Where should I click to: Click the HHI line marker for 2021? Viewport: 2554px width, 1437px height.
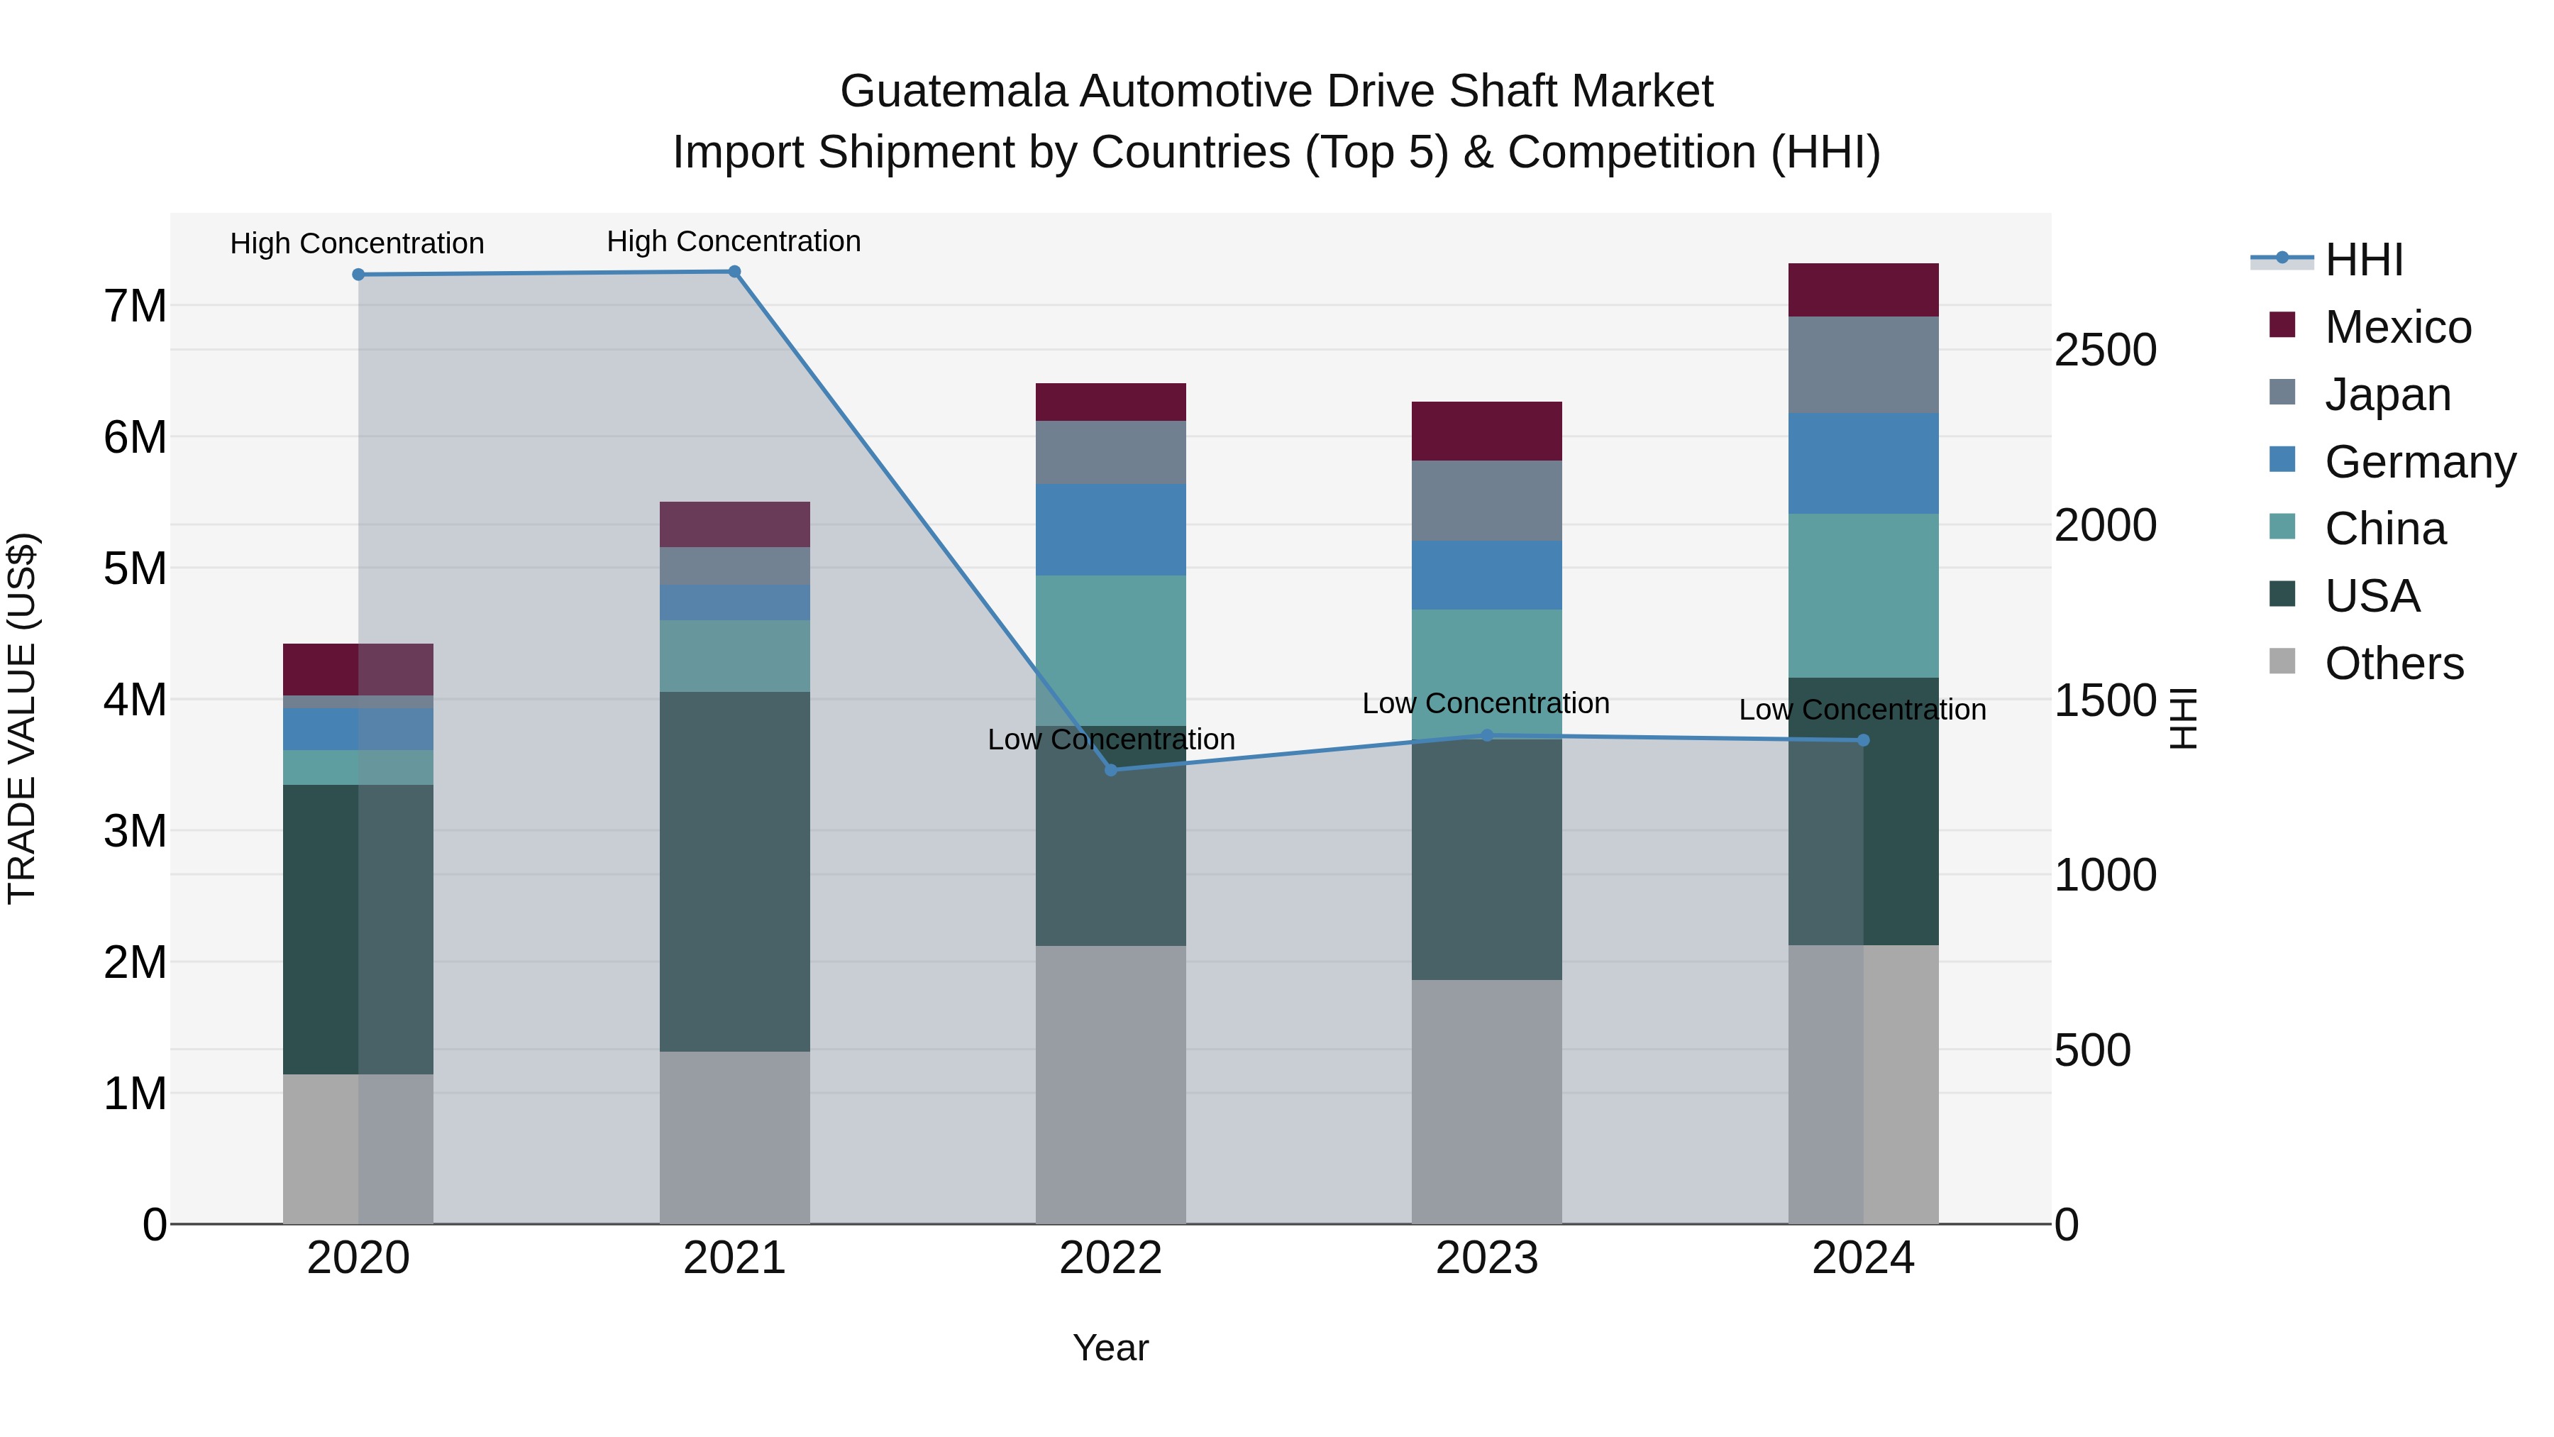click(x=735, y=272)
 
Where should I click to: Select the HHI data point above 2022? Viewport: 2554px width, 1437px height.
click(x=1110, y=769)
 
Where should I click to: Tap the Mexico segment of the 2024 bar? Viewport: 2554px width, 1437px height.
click(x=1863, y=290)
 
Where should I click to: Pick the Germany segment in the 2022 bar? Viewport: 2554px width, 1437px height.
click(x=1110, y=529)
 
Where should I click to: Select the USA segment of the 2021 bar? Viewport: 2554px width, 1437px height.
click(x=735, y=871)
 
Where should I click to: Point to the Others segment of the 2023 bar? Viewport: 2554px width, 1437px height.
click(x=1486, y=1101)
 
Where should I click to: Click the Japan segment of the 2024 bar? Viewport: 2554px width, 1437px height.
click(x=1863, y=364)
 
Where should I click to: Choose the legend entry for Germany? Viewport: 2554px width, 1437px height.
click(x=2419, y=462)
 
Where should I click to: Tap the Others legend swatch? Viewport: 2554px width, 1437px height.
click(x=2282, y=661)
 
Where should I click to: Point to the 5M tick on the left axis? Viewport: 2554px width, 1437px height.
click(x=135, y=568)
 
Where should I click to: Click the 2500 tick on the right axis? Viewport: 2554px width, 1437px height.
click(x=2104, y=350)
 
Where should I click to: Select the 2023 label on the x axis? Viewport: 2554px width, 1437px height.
click(x=1486, y=1258)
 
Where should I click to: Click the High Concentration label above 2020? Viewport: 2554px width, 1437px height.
click(x=357, y=243)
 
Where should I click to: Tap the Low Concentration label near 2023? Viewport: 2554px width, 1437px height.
click(x=1485, y=703)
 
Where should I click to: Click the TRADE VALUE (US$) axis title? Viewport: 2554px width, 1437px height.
click(x=22, y=718)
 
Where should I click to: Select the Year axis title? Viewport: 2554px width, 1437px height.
click(x=1110, y=1348)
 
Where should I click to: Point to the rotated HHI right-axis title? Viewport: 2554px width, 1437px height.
click(x=2183, y=718)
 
